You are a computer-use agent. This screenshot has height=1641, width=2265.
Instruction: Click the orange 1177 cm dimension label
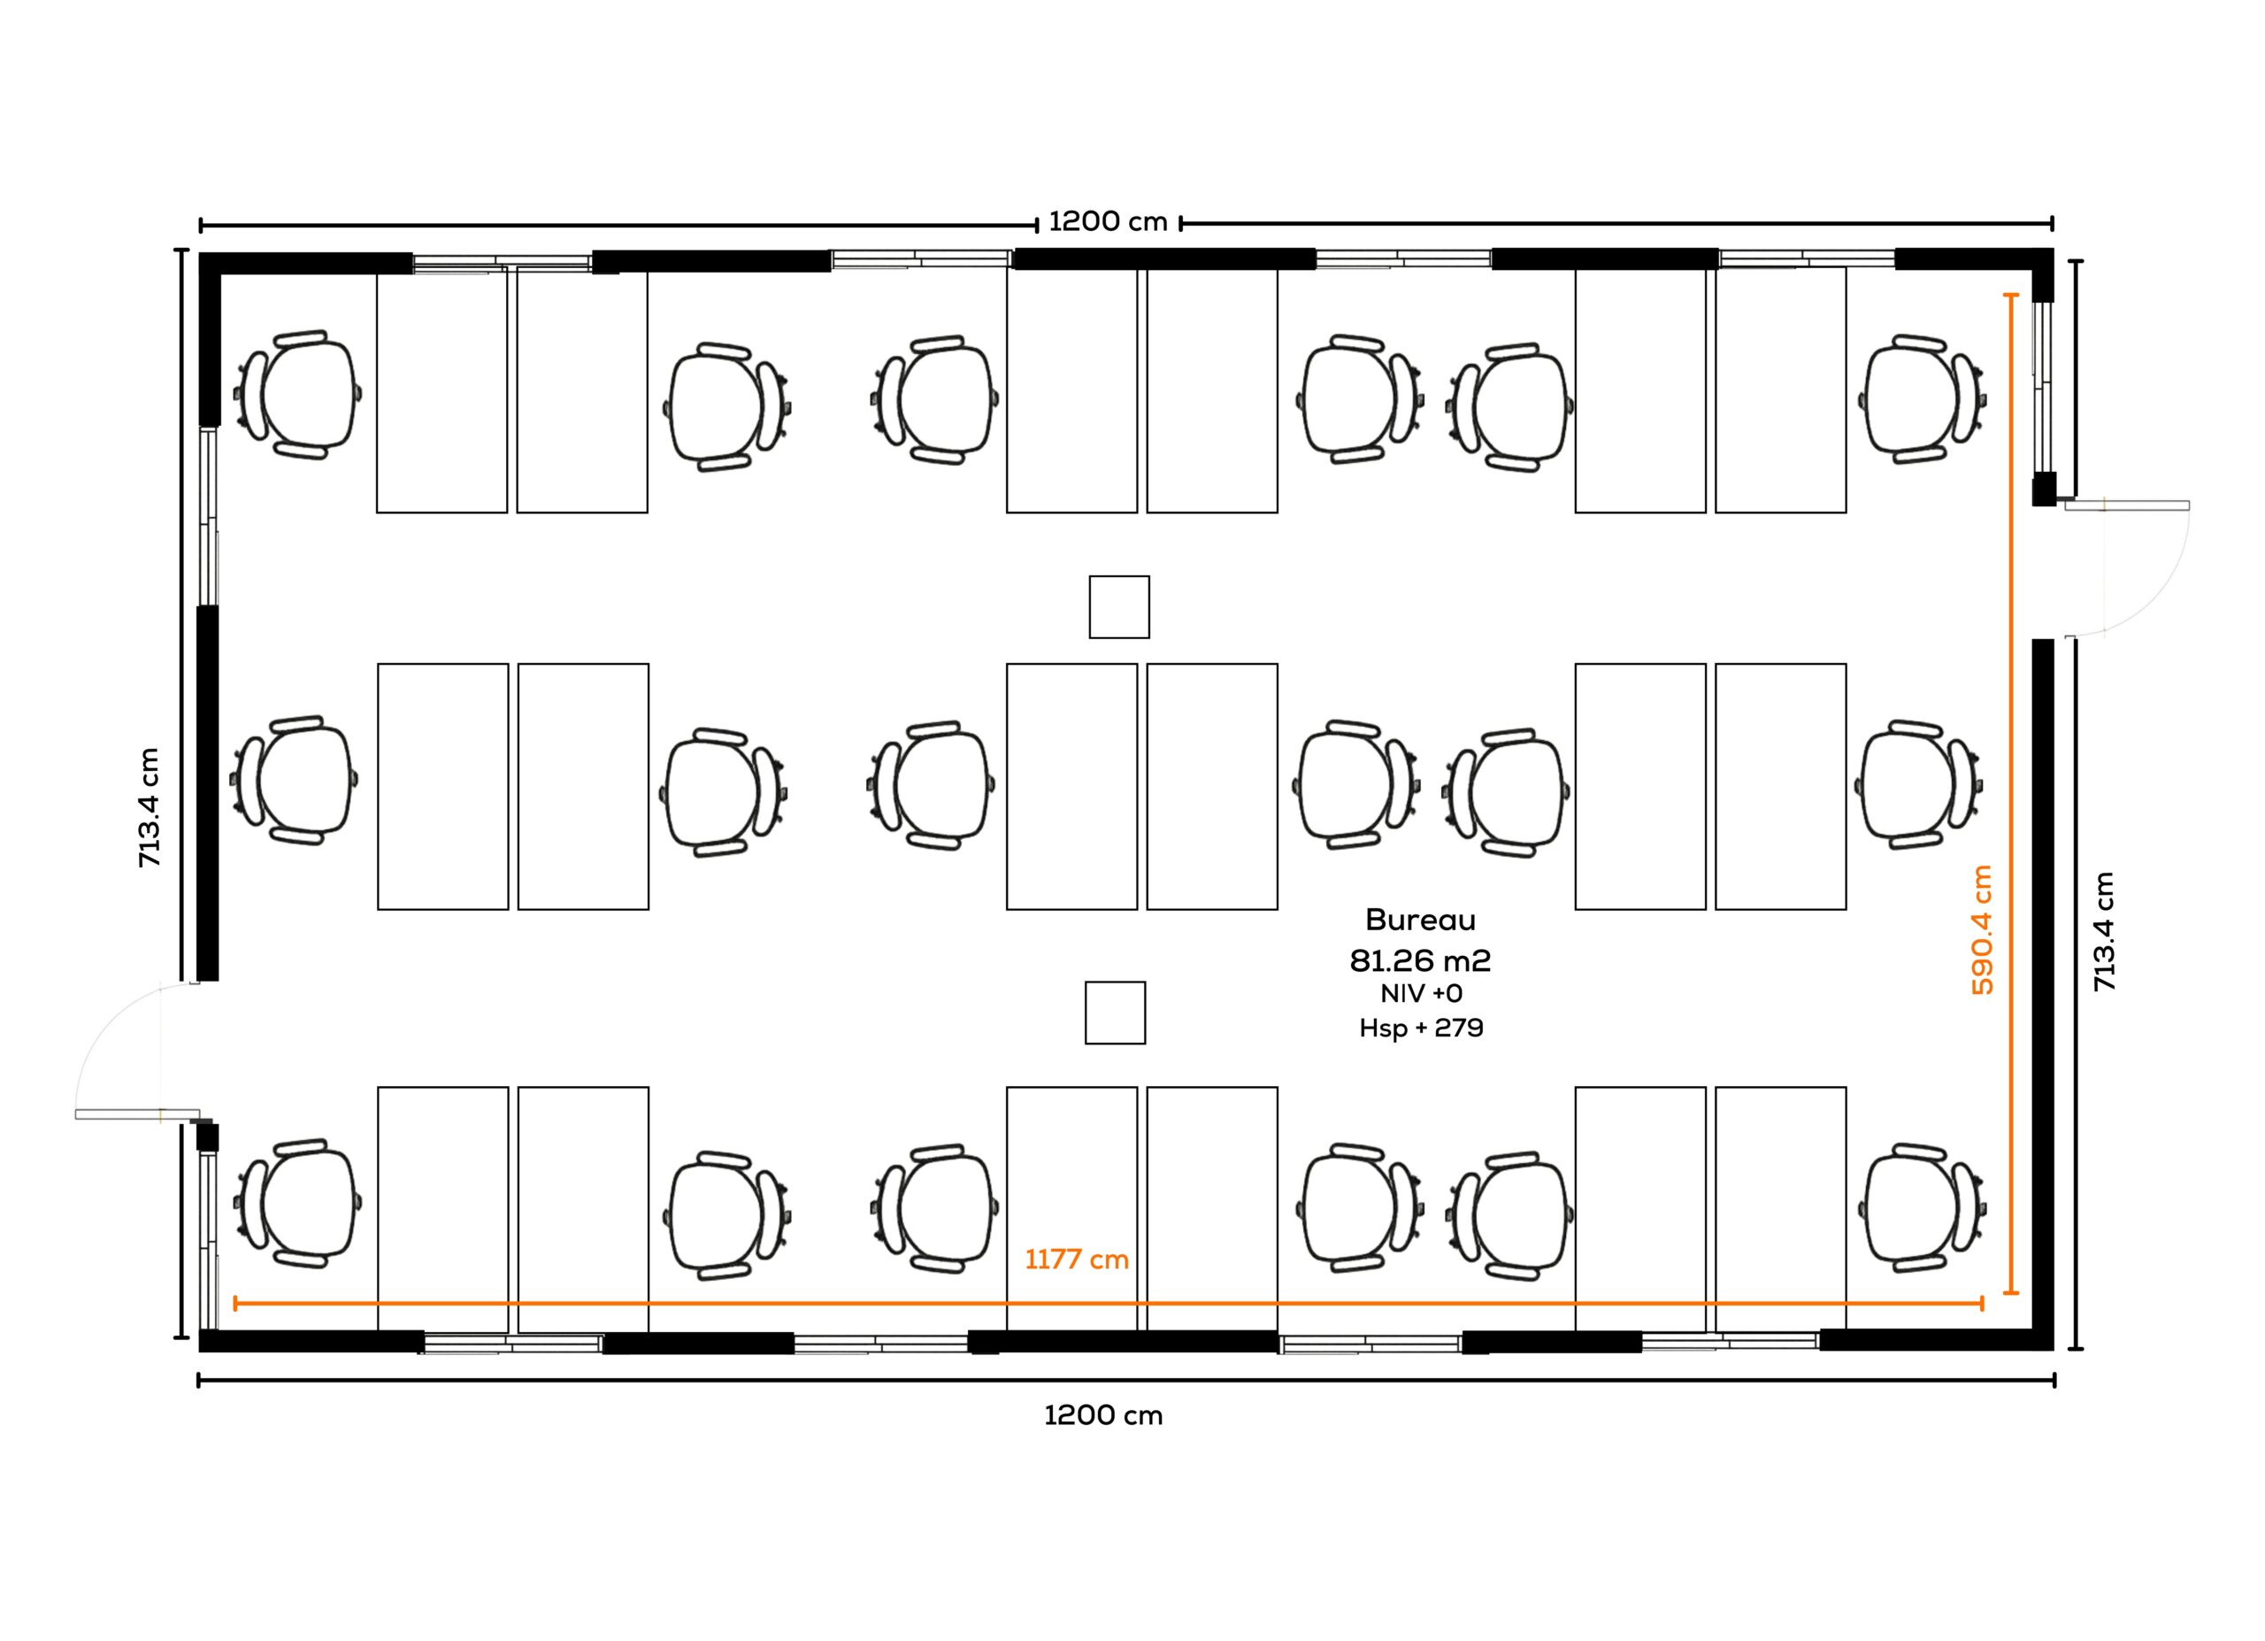(x=1077, y=1260)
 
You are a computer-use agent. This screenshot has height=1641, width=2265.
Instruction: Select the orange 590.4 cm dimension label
(x=1983, y=930)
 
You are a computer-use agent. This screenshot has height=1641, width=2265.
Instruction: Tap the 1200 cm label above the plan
(x=1108, y=222)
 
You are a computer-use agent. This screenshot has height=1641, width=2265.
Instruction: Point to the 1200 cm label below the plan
(x=1103, y=1415)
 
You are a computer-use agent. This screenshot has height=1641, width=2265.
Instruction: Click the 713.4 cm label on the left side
(x=150, y=807)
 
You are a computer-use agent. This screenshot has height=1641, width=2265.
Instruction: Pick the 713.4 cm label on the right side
(x=2104, y=931)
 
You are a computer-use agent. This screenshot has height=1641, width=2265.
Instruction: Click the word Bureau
(x=1420, y=919)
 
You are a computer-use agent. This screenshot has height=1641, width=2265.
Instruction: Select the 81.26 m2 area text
(x=1420, y=961)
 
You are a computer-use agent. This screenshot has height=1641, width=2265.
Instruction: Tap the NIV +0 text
(x=1421, y=994)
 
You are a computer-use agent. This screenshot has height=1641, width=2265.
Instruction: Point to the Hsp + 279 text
(x=1421, y=1028)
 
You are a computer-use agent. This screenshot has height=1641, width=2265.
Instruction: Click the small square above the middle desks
(x=1119, y=606)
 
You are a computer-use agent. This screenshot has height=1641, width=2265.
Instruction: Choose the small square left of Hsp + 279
(x=1116, y=1013)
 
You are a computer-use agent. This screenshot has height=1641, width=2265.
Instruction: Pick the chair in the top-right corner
(x=1922, y=398)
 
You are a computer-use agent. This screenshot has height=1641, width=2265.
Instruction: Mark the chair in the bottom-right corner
(x=1922, y=1207)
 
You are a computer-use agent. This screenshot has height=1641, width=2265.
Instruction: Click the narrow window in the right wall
(x=2043, y=386)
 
